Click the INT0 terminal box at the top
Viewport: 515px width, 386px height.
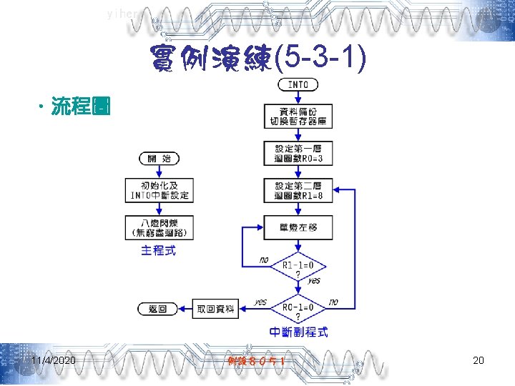[x=298, y=84]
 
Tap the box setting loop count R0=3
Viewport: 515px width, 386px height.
[x=298, y=153]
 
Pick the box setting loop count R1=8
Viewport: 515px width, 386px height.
[x=298, y=190]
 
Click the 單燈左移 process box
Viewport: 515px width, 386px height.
[x=298, y=227]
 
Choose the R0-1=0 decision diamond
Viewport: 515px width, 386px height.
[x=298, y=310]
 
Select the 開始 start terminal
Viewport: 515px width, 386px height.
[x=159, y=159]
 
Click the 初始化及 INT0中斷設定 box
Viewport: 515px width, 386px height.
[x=159, y=191]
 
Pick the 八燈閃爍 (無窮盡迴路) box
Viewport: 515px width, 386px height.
[x=159, y=227]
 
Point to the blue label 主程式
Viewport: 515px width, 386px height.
[x=158, y=250]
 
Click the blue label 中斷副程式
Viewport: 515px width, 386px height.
[x=299, y=332]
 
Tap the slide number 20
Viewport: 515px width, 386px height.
[x=479, y=360]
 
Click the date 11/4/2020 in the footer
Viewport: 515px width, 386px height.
[x=54, y=360]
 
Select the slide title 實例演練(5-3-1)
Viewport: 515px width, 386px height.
[x=258, y=62]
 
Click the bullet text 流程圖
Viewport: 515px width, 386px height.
[x=79, y=107]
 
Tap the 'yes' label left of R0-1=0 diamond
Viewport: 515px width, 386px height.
[x=261, y=302]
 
